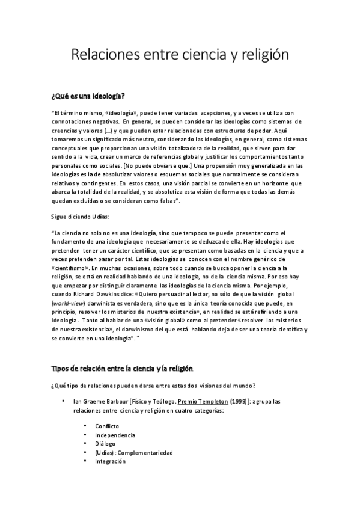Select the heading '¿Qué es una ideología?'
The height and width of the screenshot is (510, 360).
pos(88,96)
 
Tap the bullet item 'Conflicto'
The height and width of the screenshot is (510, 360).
pos(106,426)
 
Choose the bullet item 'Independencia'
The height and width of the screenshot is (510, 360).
pos(114,435)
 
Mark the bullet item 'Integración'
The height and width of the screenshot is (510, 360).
pos(110,462)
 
